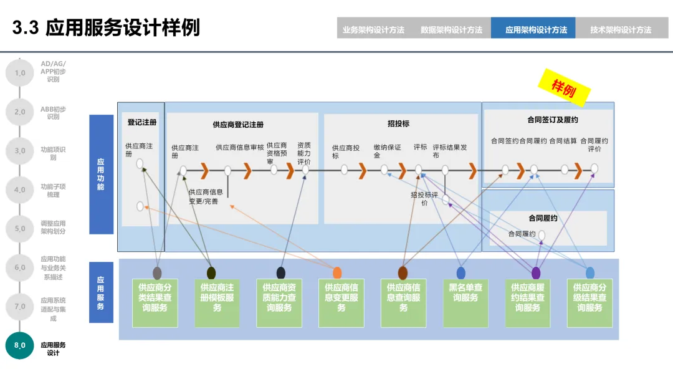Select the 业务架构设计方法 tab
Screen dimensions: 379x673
point(373,29)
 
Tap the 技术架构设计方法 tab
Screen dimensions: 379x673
point(621,29)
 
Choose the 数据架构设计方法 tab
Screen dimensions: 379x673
point(451,29)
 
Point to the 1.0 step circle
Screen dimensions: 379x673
point(20,73)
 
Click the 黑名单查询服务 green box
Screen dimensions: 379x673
point(465,303)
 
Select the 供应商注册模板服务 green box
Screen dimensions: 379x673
point(217,303)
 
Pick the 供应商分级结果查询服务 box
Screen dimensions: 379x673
point(589,303)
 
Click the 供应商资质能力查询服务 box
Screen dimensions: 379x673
point(279,303)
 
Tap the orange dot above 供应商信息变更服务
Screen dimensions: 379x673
point(337,272)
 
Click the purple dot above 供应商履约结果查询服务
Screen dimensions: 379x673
point(536,272)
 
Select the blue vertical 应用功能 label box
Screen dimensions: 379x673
point(101,175)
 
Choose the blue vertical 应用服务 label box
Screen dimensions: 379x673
point(101,292)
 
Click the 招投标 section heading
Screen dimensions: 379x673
point(398,124)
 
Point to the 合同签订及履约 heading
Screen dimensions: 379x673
point(553,119)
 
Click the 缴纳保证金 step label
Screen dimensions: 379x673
point(387,151)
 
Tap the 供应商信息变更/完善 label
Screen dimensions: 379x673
point(206,197)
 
